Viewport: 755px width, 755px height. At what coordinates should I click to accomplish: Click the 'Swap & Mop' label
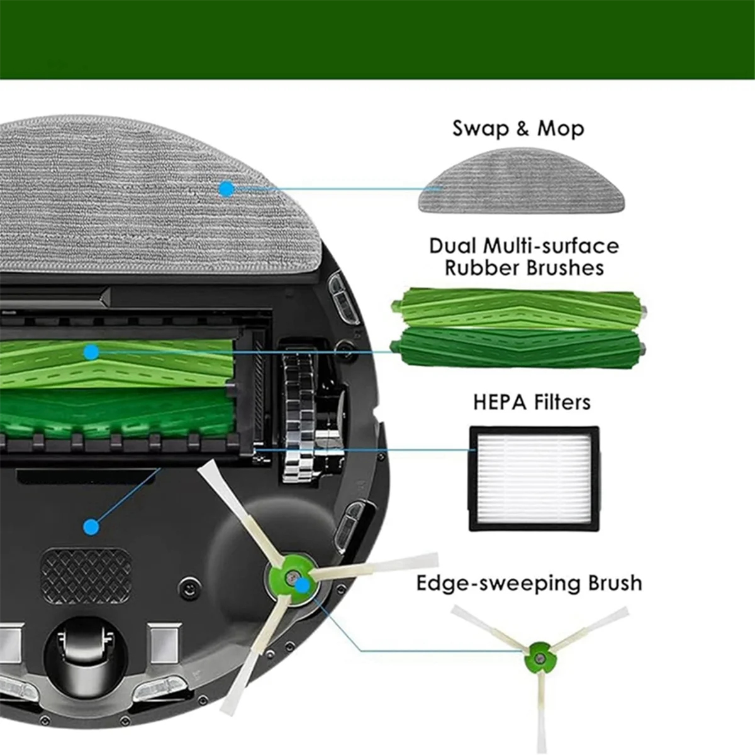[518, 129]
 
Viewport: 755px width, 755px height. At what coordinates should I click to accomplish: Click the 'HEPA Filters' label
[532, 402]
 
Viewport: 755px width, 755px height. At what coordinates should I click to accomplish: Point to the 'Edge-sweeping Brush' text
[529, 583]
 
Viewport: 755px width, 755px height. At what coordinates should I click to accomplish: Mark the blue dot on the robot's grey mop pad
[226, 189]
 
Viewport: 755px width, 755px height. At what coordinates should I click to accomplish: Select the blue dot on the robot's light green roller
[91, 352]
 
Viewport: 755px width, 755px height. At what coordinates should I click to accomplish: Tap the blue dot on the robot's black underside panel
[91, 526]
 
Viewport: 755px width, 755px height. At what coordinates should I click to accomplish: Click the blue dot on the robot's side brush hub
[303, 584]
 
